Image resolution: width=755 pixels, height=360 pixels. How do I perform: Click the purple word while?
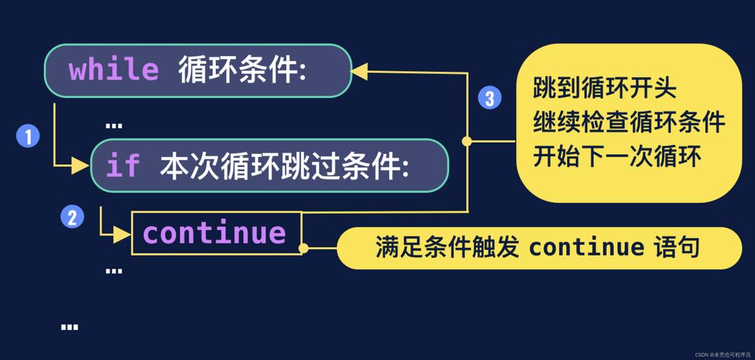114,71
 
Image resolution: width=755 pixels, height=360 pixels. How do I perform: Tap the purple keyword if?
122,166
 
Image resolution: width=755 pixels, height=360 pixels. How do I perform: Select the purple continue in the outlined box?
214,233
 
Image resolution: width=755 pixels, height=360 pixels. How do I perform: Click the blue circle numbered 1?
28,135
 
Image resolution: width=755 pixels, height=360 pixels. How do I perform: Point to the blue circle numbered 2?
71,216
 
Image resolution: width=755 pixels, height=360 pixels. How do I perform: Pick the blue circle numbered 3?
489,97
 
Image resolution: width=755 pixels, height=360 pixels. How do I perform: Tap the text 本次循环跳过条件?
285,166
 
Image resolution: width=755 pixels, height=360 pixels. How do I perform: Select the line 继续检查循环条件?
628,122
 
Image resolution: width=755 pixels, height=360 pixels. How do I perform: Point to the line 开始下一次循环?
617,156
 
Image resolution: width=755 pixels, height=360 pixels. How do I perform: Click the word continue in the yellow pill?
587,248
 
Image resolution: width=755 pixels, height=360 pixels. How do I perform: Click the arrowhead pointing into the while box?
359,71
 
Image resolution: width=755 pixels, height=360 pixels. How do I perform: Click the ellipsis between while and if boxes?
114,125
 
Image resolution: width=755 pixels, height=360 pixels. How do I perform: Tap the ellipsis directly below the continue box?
114,271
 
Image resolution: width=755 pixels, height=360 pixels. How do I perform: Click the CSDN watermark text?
722,354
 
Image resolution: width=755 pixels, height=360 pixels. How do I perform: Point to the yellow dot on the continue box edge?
303,248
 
